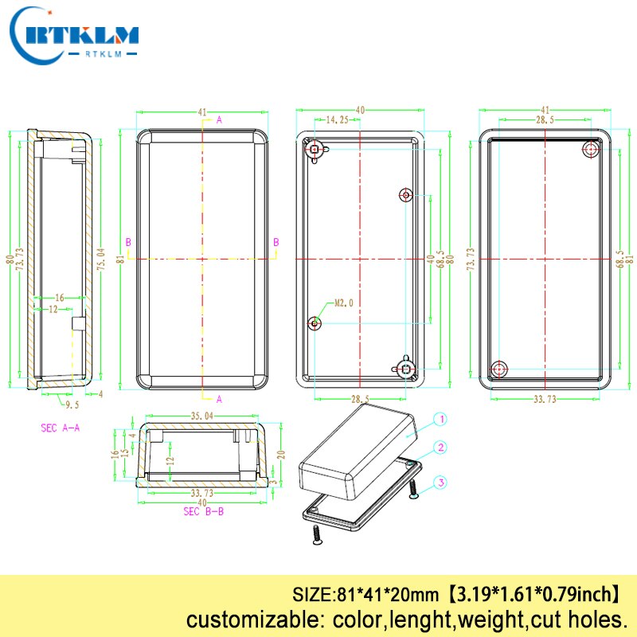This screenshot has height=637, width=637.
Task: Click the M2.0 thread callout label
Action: [343, 303]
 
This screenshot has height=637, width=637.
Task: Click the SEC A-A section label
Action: [61, 428]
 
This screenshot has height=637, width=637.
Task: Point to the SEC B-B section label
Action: [204, 512]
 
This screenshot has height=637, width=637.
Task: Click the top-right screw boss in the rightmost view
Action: [591, 149]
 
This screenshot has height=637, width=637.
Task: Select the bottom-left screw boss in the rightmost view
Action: [499, 368]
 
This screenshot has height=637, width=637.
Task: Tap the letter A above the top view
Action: [219, 119]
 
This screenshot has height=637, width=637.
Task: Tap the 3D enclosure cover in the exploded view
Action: [358, 450]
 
